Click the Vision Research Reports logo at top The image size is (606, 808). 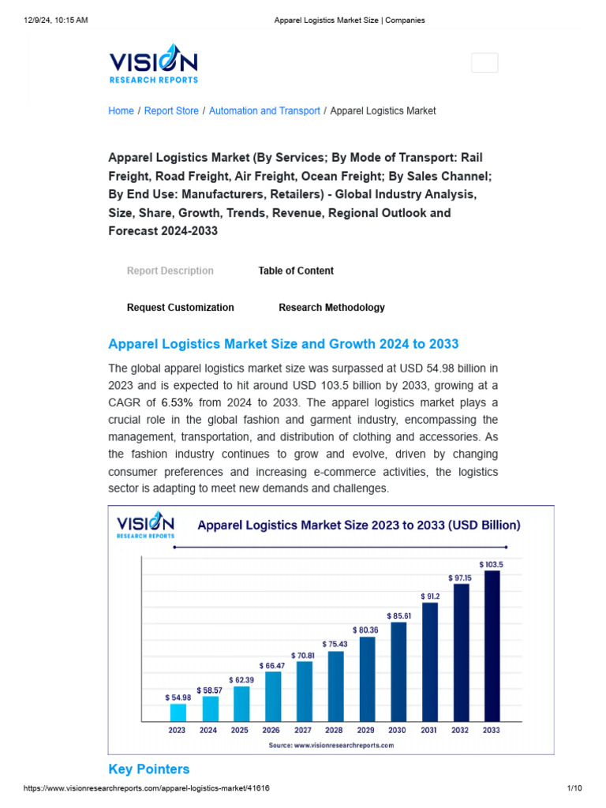click(153, 64)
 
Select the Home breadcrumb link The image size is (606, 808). click(121, 111)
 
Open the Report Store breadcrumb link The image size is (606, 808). click(171, 111)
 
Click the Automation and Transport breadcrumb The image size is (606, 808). click(264, 111)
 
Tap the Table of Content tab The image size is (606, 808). click(296, 271)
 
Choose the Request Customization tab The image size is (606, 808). click(180, 308)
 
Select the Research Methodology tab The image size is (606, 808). click(331, 308)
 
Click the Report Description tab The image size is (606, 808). click(170, 271)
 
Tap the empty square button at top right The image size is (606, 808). click(484, 62)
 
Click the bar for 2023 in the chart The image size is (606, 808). click(178, 713)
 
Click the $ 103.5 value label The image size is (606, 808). click(491, 564)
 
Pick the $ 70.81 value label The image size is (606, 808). click(304, 655)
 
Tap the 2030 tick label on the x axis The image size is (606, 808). click(397, 730)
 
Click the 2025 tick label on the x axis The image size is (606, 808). click(240, 730)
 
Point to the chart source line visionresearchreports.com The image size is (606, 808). click(331, 745)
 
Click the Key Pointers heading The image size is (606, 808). click(148, 769)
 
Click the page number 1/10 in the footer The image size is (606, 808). click(574, 788)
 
